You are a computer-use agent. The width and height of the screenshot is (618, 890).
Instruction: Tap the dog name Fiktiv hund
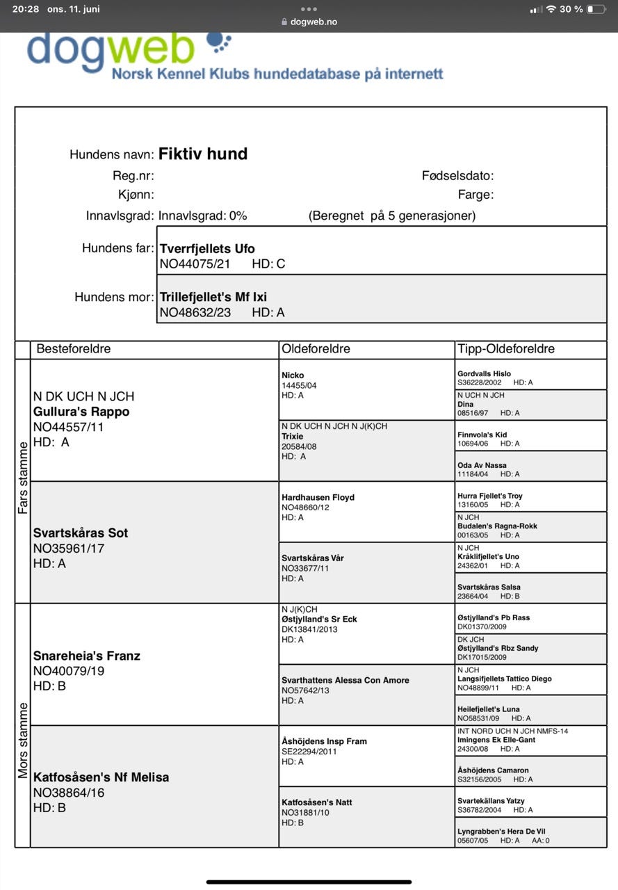[203, 154]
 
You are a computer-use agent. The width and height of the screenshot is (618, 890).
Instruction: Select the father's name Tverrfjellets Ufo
[207, 248]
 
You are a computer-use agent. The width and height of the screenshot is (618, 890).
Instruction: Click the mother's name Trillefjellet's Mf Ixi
[213, 298]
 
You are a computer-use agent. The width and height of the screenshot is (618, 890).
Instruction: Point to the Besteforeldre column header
[74, 348]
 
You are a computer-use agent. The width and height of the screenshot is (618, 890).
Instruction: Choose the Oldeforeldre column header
[316, 348]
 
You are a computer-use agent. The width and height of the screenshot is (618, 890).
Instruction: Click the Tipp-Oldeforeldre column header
[505, 348]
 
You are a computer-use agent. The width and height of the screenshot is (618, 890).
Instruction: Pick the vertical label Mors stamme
[23, 740]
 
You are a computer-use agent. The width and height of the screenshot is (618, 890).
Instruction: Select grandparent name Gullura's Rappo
[81, 412]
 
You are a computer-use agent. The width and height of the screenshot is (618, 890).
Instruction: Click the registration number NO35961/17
[69, 548]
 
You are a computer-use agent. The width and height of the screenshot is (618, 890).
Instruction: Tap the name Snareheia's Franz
[87, 656]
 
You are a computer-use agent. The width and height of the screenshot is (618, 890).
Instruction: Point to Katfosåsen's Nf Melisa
[101, 777]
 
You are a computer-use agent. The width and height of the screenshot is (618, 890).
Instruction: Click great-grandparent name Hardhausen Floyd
[318, 497]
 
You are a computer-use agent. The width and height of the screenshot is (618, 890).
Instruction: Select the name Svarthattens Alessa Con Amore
[345, 680]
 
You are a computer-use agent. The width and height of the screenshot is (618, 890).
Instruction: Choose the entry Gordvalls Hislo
[484, 373]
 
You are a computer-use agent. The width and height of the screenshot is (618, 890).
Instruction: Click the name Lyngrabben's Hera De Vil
[501, 831]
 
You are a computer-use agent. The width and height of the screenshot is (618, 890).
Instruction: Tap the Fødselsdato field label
[457, 176]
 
